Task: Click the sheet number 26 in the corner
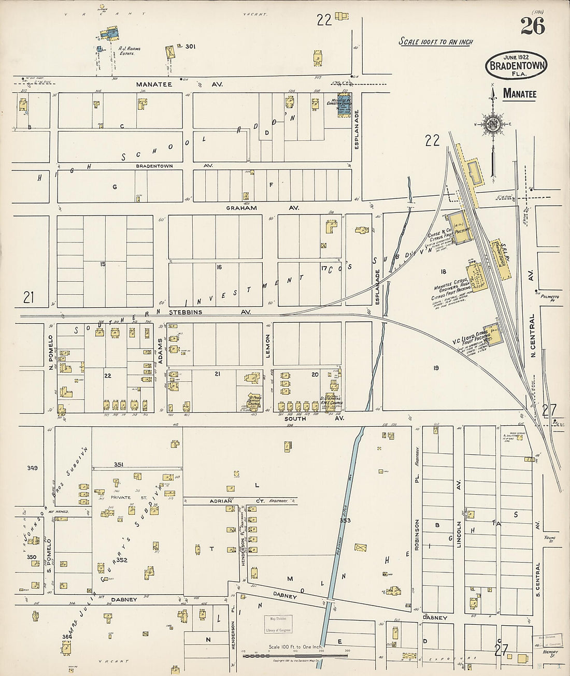tap(533, 26)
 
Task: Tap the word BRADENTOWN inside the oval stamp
tap(516, 67)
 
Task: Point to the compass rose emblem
tap(491, 123)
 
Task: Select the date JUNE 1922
tap(516, 57)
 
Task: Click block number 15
tap(103, 264)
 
